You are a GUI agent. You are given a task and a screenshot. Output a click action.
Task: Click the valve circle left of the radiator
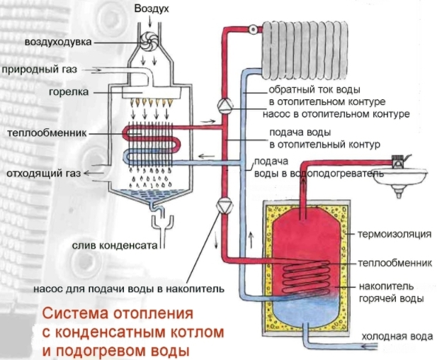pos(252,30)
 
